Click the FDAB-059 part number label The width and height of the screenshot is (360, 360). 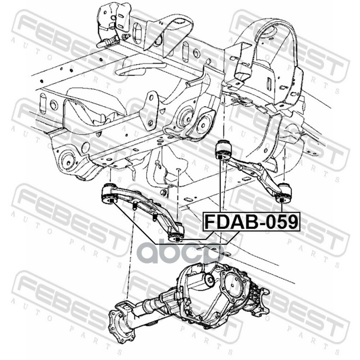[251, 221]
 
